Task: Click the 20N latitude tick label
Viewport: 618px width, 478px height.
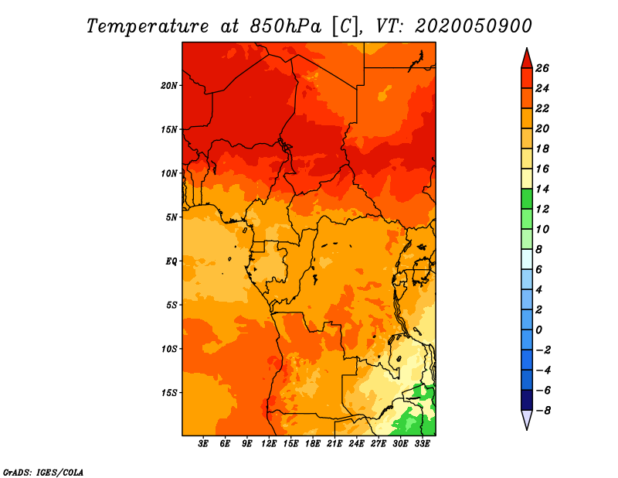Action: point(169,85)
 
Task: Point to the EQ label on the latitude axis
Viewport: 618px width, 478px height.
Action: point(171,261)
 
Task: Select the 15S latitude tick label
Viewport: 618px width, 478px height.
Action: point(169,393)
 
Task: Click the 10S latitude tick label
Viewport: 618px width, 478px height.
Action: point(169,349)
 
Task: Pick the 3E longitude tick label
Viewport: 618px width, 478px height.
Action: point(203,444)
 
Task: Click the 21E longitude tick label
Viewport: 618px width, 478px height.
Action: point(334,444)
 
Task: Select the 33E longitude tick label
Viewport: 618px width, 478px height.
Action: point(422,444)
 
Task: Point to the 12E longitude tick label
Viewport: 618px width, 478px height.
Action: point(269,444)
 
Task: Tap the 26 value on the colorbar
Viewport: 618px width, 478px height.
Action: point(542,68)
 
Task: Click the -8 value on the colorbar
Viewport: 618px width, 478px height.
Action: point(542,410)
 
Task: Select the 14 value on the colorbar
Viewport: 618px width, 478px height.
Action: point(542,189)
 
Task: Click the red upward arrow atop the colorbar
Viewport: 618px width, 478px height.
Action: point(526,58)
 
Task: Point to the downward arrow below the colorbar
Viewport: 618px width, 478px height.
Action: point(526,419)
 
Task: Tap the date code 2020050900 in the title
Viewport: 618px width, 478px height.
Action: point(473,26)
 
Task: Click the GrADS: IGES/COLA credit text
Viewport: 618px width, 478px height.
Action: point(42,471)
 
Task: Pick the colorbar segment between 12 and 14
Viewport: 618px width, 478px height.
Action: point(526,199)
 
